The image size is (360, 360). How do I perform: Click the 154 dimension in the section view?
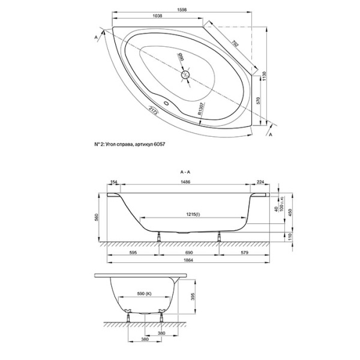point(115,182)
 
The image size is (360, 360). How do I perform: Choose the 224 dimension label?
point(260,182)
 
